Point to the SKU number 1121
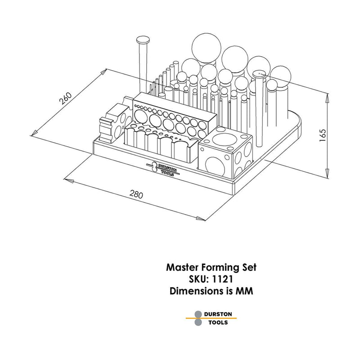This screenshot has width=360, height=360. click(x=223, y=279)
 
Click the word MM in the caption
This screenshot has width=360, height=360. click(x=245, y=291)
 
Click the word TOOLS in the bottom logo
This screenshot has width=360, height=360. click(x=217, y=323)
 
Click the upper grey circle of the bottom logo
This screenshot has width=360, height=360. click(x=198, y=314)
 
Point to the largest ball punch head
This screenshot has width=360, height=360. click(x=206, y=47)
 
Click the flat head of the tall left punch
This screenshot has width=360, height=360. click(x=144, y=40)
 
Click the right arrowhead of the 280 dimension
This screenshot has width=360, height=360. click(x=202, y=219)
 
